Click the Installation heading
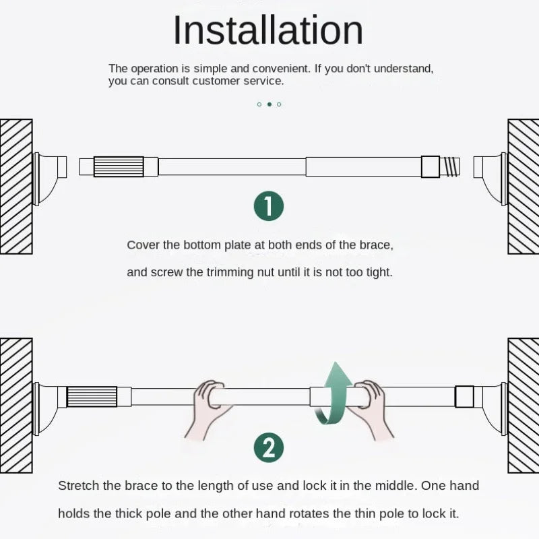(267, 30)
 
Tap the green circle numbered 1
(269, 206)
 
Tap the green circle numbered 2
(269, 447)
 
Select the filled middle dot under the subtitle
(269, 104)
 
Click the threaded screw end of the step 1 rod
(449, 166)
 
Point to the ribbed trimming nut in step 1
(119, 166)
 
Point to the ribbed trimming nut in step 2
(92, 397)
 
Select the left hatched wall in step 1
(16, 187)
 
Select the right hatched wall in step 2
(524, 406)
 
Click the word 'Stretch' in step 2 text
(78, 486)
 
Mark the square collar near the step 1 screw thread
(431, 166)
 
